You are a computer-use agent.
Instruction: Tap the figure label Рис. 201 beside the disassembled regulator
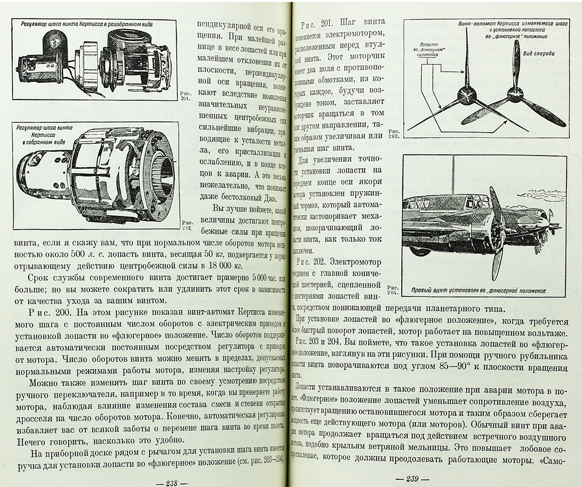pyautogui.click(x=187, y=96)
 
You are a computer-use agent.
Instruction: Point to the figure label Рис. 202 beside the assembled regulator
pyautogui.click(x=187, y=225)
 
